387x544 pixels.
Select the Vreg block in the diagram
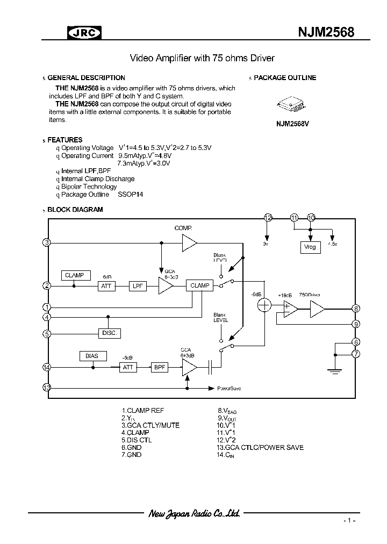coord(310,247)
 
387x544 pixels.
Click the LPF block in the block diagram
coord(137,286)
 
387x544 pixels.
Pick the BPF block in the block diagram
coord(159,367)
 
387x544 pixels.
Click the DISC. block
coord(109,333)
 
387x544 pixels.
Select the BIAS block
coord(92,356)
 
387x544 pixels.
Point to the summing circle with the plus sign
coord(264,305)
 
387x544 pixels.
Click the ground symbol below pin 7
coord(334,369)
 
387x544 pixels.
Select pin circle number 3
coord(47,242)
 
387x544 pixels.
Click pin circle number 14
coord(47,367)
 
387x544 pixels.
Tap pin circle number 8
coord(355,309)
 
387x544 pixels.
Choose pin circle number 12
coord(268,217)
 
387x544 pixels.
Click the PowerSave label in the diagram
coord(228,388)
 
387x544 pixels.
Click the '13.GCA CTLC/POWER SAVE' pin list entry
coord(260,447)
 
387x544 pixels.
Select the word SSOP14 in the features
coord(131,195)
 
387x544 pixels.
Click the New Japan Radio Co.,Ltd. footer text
coord(193,513)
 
